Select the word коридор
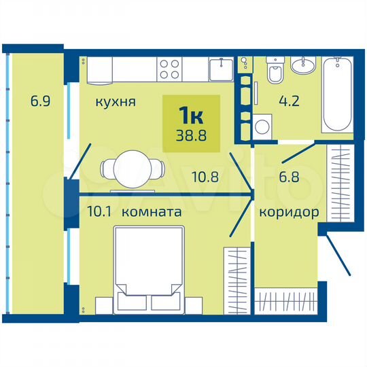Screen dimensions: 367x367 289,212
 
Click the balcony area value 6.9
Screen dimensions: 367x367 40,103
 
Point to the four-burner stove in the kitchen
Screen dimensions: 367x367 170,69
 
